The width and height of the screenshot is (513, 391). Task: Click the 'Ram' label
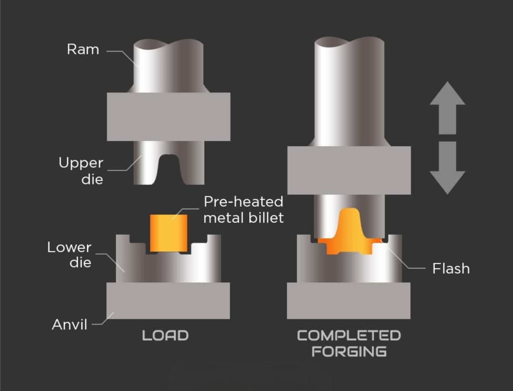pos(83,50)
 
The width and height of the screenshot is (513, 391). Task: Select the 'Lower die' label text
pos(69,255)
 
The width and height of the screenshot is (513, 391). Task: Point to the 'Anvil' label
pos(70,324)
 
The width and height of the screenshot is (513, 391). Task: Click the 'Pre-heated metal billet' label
pos(244,209)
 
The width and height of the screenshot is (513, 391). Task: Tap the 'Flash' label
pos(451,269)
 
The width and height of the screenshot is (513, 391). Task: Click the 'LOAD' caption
pos(165,336)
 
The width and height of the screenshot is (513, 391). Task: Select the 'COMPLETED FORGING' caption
pos(349,343)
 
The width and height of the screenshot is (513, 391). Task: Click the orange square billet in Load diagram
pos(169,233)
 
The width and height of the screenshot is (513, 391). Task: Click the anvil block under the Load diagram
pos(168,301)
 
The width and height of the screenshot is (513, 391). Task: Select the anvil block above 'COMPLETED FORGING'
pos(348,301)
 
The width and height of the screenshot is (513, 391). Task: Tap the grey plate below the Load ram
pos(169,117)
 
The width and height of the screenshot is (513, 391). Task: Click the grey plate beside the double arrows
pos(349,170)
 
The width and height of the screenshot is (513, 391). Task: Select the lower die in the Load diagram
pos(168,267)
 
